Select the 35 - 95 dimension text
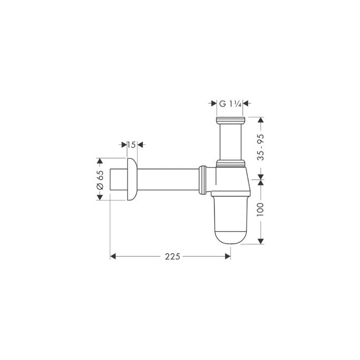260,146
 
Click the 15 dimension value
131,144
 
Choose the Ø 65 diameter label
100,178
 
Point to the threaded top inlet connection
230,121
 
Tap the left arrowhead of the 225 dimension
113,256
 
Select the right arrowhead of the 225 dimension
227,256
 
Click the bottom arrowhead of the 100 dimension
260,241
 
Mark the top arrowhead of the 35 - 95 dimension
260,120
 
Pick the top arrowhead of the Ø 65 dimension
100,161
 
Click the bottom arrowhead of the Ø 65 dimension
100,196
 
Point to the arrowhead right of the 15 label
140,144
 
